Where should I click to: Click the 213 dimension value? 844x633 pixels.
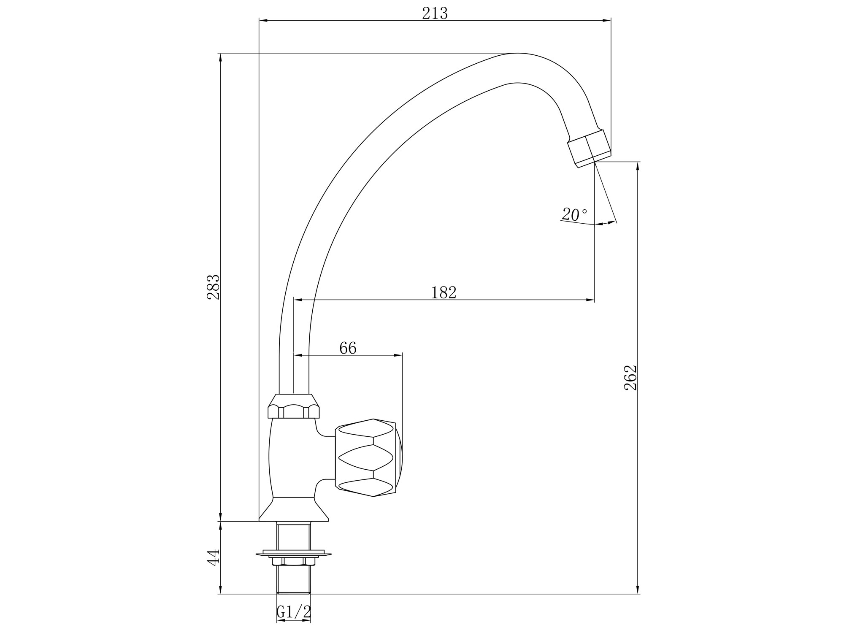pyautogui.click(x=435, y=14)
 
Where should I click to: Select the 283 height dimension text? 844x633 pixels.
pyautogui.click(x=214, y=287)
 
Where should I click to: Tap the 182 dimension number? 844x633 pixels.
pyautogui.click(x=444, y=292)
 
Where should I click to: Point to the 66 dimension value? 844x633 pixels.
pyautogui.click(x=348, y=348)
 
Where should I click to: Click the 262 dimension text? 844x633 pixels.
pyautogui.click(x=630, y=377)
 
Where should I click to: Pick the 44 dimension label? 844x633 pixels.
pyautogui.click(x=214, y=557)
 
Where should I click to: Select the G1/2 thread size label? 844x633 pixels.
pyautogui.click(x=294, y=611)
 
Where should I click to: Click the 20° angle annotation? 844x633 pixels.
pyautogui.click(x=574, y=214)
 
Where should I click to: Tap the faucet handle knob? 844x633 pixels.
pyautogui.click(x=368, y=457)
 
